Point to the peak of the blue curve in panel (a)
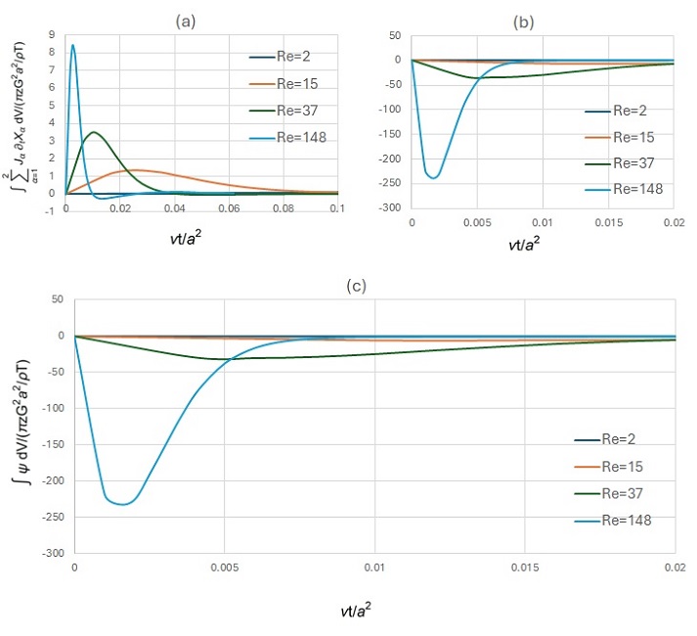pyautogui.click(x=72, y=45)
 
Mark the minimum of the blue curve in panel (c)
pyautogui.click(x=123, y=504)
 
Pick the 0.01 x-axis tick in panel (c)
pyautogui.click(x=374, y=568)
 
